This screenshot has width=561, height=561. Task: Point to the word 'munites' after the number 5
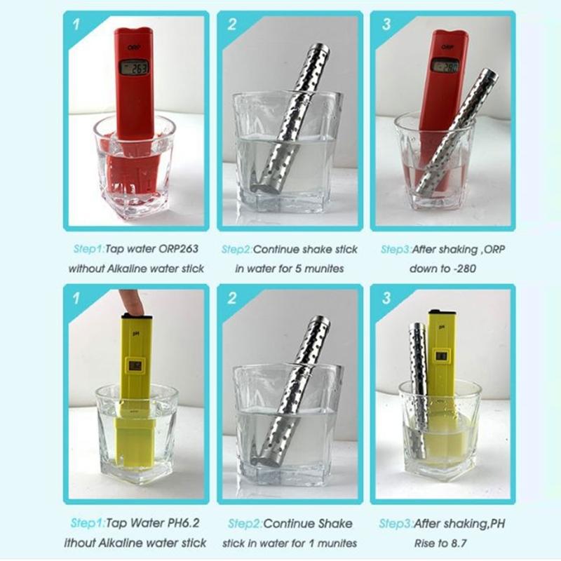pyautogui.click(x=319, y=268)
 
